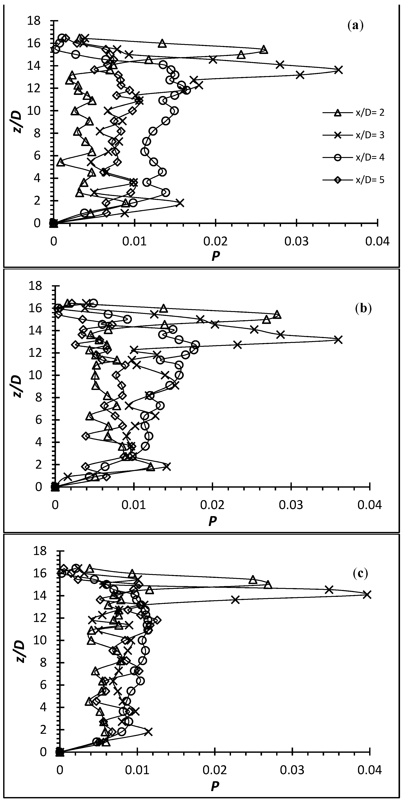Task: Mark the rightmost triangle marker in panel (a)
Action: coord(264,49)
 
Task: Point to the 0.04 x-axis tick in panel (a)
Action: coord(378,241)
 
